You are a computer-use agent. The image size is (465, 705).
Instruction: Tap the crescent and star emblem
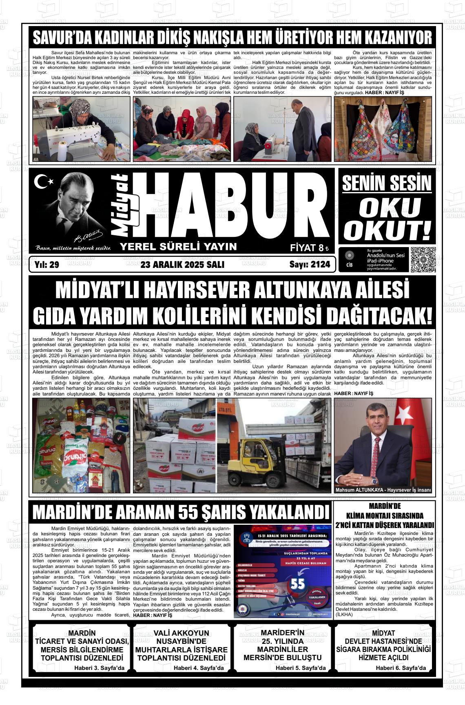tap(42, 182)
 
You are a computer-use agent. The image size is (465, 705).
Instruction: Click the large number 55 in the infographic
tap(298, 584)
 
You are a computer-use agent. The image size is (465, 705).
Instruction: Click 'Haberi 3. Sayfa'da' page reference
tap(99, 668)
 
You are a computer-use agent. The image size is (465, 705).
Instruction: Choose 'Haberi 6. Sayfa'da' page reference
tap(401, 668)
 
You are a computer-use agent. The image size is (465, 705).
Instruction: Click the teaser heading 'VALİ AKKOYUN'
tap(182, 633)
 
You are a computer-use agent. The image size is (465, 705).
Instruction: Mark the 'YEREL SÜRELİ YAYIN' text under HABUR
tap(178, 247)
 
